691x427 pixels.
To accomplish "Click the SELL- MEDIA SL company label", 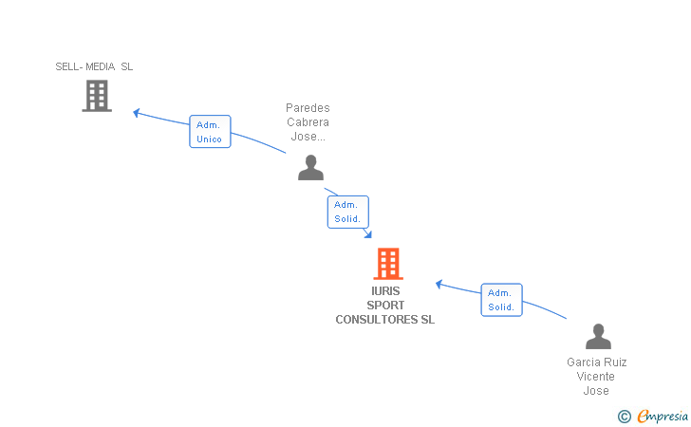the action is pyautogui.click(x=94, y=66).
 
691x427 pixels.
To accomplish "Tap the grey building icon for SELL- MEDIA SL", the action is pyautogui.click(x=97, y=96).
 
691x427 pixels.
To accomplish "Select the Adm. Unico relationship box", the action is pyautogui.click(x=210, y=131).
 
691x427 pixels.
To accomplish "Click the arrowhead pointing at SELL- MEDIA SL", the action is pyautogui.click(x=137, y=113).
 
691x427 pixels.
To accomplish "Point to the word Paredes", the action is pyautogui.click(x=308, y=108).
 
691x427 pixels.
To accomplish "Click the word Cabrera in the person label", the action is pyautogui.click(x=308, y=122).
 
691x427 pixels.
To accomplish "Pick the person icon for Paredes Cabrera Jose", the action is pyautogui.click(x=310, y=167).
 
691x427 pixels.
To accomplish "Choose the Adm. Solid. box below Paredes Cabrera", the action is pyautogui.click(x=347, y=212).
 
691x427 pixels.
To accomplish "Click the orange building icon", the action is pyautogui.click(x=388, y=264).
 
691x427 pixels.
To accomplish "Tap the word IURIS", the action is pyautogui.click(x=385, y=291).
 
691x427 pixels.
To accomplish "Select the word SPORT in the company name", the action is pyautogui.click(x=385, y=306).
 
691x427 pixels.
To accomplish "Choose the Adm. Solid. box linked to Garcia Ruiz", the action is pyautogui.click(x=501, y=300).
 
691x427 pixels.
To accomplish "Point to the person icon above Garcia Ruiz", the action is pyautogui.click(x=598, y=336).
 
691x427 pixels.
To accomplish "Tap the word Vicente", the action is pyautogui.click(x=595, y=377).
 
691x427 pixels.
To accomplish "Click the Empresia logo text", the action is pyautogui.click(x=663, y=416).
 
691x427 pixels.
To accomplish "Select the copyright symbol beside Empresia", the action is pyautogui.click(x=624, y=417).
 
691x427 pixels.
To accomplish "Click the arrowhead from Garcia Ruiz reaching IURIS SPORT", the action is pyautogui.click(x=439, y=285).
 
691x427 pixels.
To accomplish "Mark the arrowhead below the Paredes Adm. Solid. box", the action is pyautogui.click(x=368, y=234).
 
